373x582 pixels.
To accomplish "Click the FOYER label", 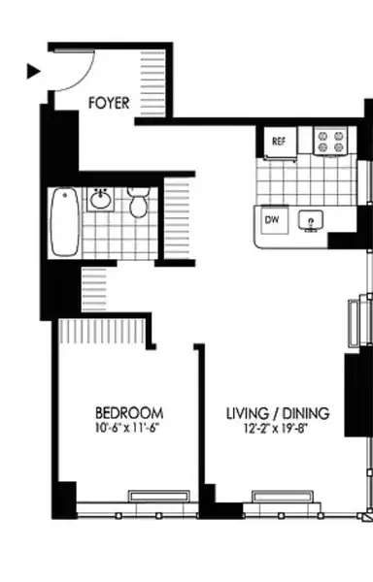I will coord(110,101).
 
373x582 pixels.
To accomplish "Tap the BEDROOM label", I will coord(128,410).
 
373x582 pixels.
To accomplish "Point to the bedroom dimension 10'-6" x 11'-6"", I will coord(128,426).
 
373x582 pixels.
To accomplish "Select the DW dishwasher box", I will coord(272,217).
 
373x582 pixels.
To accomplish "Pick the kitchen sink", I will coord(310,221).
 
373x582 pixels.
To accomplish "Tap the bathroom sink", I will coord(101,201).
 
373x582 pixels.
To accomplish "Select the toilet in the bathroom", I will coord(138,204).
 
